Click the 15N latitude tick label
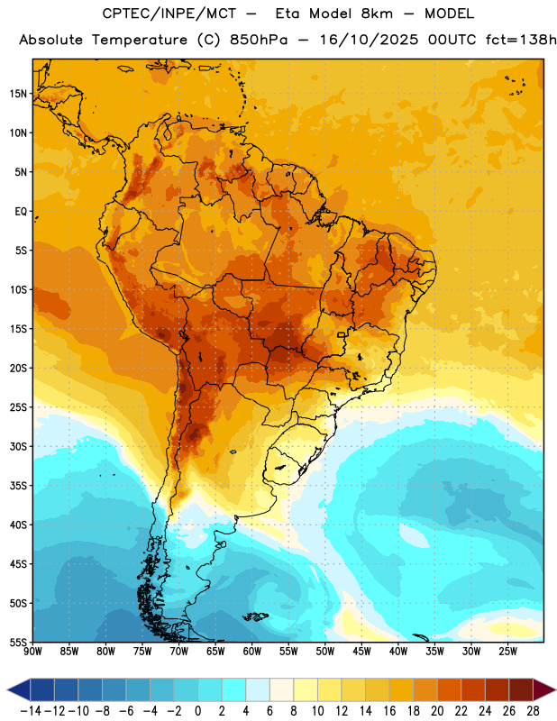pos(18,94)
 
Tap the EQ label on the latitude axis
pos(21,212)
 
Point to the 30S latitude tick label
pos(18,446)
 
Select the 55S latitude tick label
pos(18,643)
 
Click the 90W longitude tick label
pos(33,651)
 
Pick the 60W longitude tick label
pos(252,651)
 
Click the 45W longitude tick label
pos(361,651)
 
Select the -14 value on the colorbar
pos(31,711)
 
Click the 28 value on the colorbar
pos(533,711)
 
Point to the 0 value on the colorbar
pos(197,711)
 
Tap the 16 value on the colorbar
pos(389,711)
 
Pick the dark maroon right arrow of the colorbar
pos(544,690)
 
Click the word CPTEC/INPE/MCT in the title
pos(169,14)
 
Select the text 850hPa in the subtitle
pos(259,40)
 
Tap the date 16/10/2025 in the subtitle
pos(370,40)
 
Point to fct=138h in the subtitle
pos(521,40)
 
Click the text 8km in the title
pos(377,14)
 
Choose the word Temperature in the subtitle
pos(140,41)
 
